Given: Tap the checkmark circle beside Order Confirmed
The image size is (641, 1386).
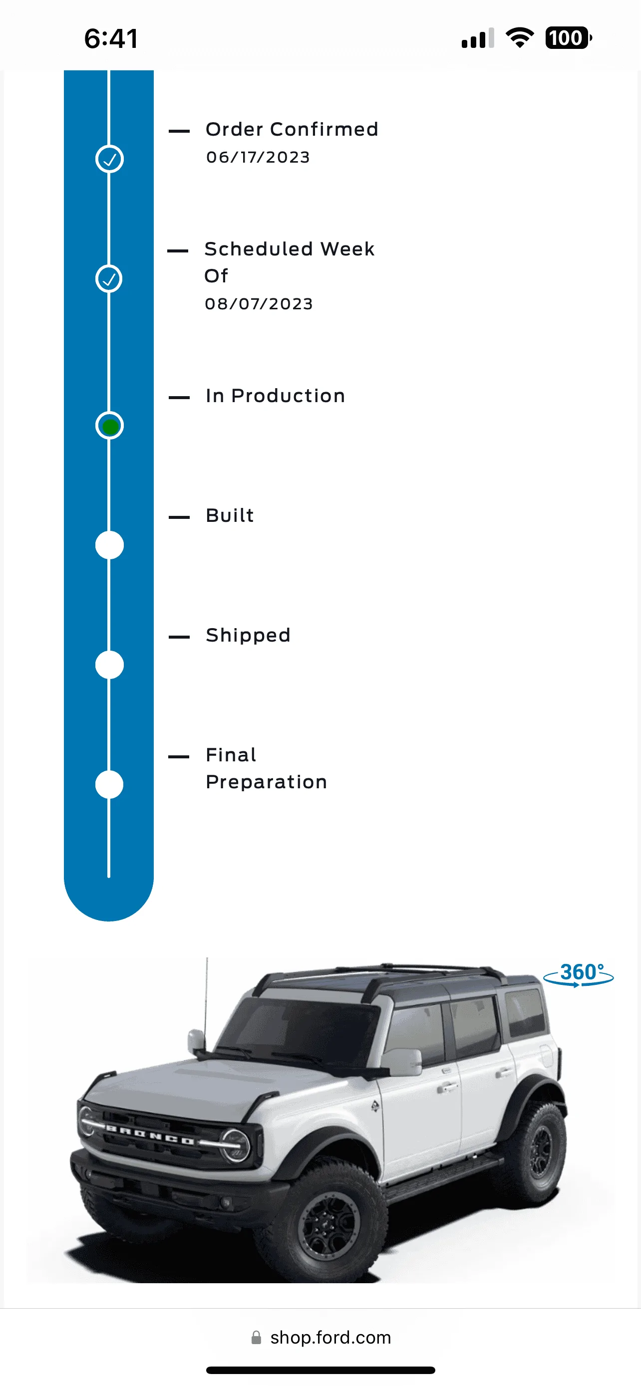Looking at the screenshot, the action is [109, 159].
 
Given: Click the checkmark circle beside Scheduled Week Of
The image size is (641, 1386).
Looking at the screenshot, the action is [109, 279].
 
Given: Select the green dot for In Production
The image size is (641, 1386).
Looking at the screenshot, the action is [110, 426].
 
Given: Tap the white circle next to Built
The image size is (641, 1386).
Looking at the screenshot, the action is [109, 545].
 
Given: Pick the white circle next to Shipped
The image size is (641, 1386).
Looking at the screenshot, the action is [109, 665].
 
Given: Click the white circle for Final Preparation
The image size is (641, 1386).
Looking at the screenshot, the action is [109, 784].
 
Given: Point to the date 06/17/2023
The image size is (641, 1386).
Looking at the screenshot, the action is [258, 157].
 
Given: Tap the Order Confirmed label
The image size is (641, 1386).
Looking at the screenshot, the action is [292, 129].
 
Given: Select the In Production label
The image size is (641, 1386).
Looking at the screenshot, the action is [276, 396].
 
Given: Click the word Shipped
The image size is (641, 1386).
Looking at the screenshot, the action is [248, 636].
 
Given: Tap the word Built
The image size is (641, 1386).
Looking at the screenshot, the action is [230, 515].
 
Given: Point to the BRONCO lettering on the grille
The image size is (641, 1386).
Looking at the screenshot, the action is [150, 1135].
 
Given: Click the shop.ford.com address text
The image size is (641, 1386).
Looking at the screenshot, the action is [330, 1338].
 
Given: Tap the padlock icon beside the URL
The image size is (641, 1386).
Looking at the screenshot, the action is [256, 1338].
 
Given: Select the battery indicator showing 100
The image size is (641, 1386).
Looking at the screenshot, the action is [568, 38].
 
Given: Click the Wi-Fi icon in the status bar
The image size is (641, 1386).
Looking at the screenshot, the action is [519, 37].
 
